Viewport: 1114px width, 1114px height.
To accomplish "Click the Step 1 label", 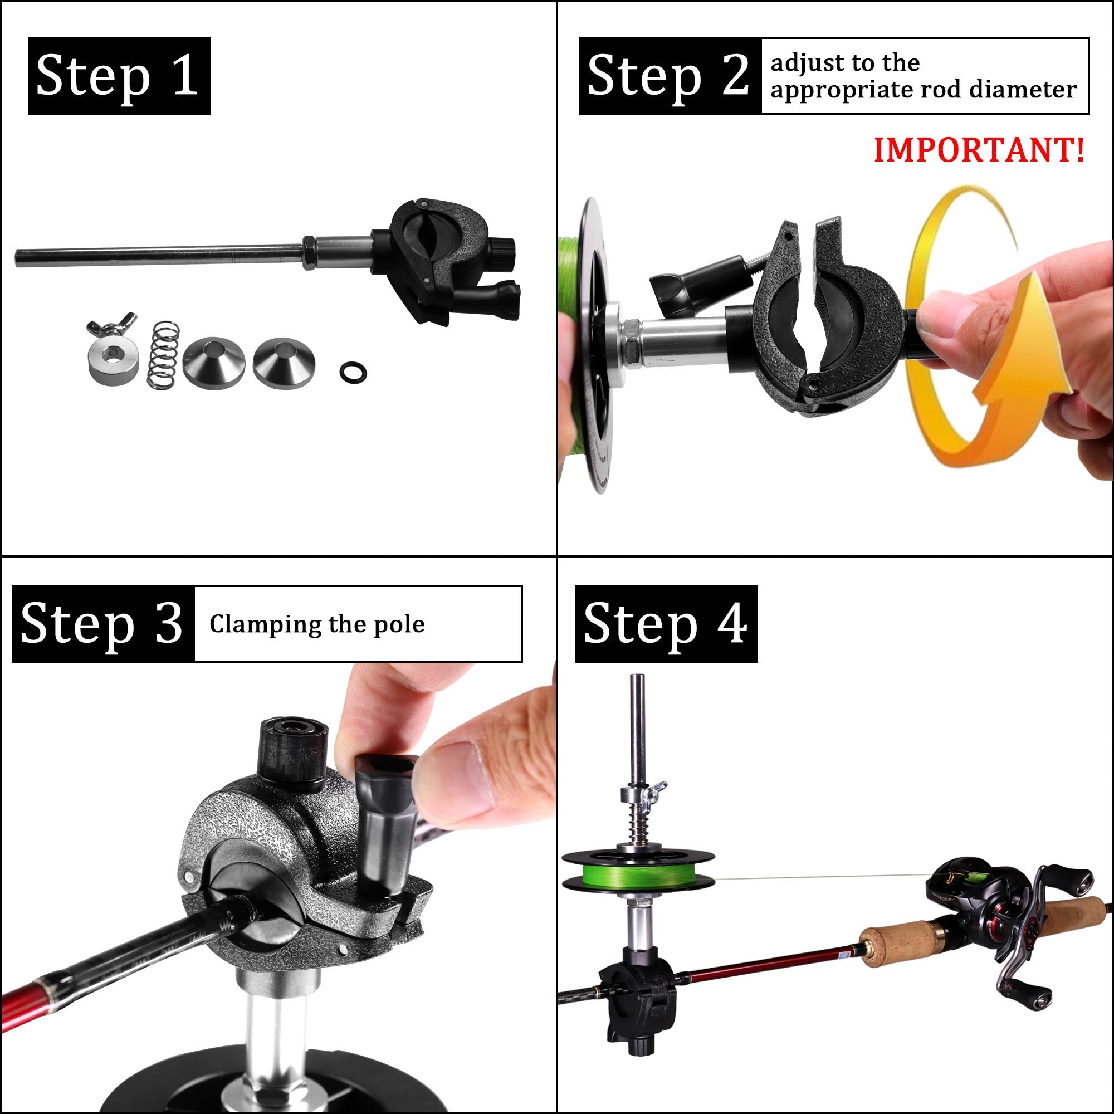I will pyautogui.click(x=118, y=76).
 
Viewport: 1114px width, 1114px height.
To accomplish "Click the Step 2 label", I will pyautogui.click(x=669, y=76).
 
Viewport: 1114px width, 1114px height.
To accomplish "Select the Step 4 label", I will pyautogui.click(x=666, y=623).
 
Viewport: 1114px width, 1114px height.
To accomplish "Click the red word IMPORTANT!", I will pyautogui.click(x=979, y=150).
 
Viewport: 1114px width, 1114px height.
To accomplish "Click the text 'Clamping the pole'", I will pyautogui.click(x=316, y=624).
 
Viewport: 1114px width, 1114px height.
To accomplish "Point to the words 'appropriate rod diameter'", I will pyautogui.click(x=923, y=90).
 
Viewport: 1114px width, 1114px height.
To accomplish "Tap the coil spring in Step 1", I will pyautogui.click(x=164, y=354).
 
